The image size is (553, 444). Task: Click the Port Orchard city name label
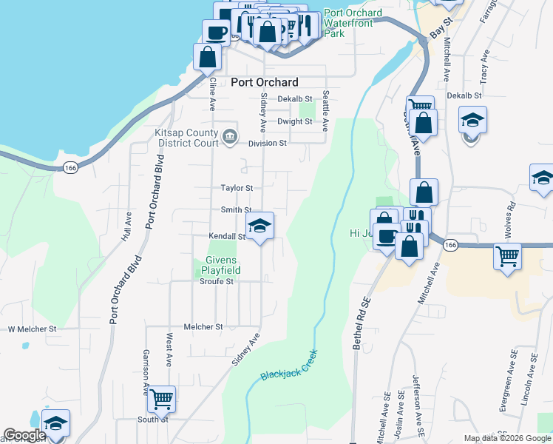coord(265,83)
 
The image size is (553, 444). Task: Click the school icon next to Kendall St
coord(259,226)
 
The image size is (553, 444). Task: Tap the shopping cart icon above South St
coord(161,400)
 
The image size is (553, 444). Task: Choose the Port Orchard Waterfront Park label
coord(353,23)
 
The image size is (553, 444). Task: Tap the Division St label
coord(267,144)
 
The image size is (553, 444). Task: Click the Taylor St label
coord(237,189)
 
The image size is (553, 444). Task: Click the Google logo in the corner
coord(24,436)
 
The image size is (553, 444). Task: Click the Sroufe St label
coord(217,281)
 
